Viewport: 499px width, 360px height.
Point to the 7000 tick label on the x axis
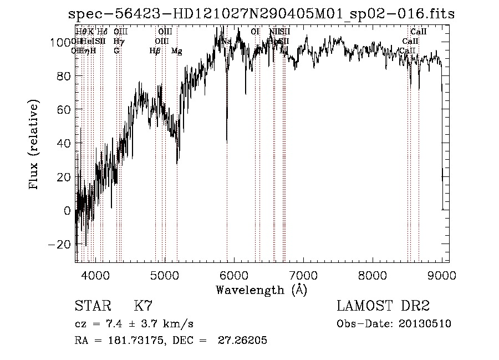tap(303, 275)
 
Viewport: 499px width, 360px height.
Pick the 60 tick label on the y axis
tap(64, 109)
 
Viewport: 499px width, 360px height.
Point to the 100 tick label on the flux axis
tap(61, 42)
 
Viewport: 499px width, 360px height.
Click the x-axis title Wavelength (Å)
tap(261, 290)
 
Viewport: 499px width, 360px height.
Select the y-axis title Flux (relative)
tap(34, 145)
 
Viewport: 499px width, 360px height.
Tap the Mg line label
tap(176, 51)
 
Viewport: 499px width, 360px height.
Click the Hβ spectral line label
tap(155, 51)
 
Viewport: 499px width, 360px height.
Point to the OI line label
tap(255, 32)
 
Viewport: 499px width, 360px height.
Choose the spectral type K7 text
tap(143, 306)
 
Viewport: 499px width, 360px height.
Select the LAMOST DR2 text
tap(383, 306)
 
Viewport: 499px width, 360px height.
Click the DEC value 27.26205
tap(245, 341)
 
